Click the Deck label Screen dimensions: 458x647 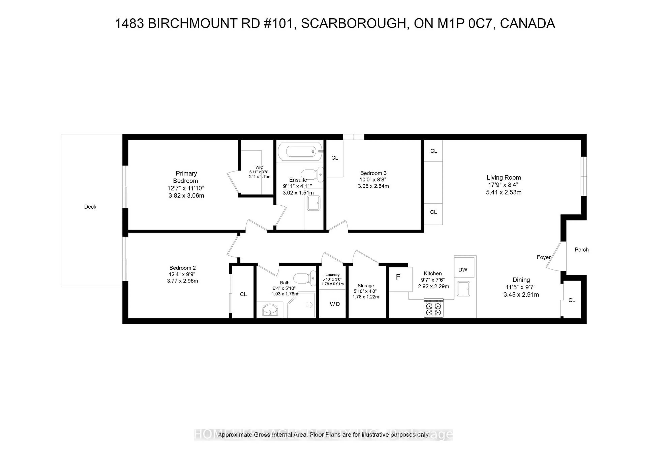90,207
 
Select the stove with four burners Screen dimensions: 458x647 433,309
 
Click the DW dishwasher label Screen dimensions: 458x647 463,270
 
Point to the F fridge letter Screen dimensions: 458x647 398,277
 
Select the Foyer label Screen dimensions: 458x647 544,257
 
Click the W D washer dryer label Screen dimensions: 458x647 335,304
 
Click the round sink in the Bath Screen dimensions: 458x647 270,310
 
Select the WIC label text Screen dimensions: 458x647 259,167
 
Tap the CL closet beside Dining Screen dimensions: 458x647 572,300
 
